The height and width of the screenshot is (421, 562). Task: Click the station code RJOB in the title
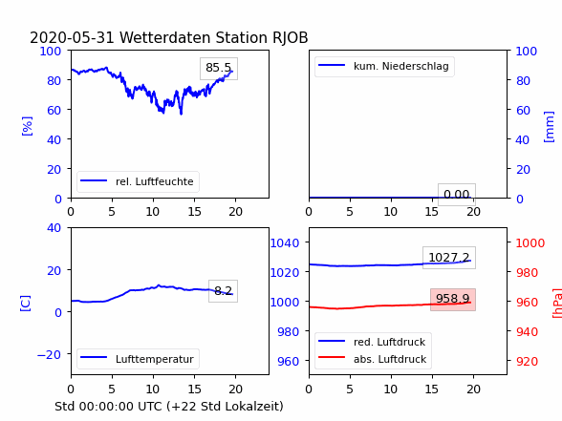coord(290,38)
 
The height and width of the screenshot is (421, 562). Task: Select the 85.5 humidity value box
coord(219,69)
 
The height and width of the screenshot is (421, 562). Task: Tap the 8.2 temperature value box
coord(223,290)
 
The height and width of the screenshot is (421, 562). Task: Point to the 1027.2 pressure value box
coord(449,258)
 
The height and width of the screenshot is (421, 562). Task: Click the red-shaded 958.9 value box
coord(453,300)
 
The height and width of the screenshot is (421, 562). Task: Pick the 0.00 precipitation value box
coord(457,195)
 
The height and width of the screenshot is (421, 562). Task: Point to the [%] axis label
coord(27,126)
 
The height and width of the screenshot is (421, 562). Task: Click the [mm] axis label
coord(549,127)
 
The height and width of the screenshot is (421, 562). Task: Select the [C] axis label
coord(26,304)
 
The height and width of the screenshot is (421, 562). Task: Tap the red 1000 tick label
coord(530,243)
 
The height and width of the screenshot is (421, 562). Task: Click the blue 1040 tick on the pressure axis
coord(285,243)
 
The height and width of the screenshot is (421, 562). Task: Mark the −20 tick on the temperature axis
coord(49,354)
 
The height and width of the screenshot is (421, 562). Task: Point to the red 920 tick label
coord(527,361)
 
